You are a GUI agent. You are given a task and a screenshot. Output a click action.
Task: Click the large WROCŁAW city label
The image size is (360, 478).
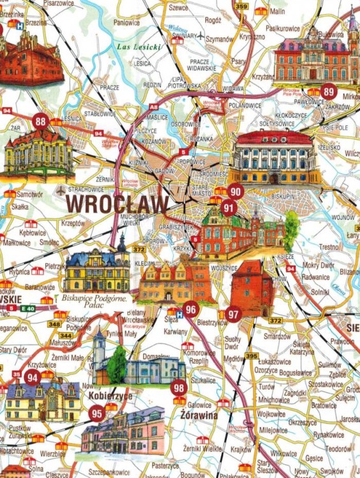[117, 205]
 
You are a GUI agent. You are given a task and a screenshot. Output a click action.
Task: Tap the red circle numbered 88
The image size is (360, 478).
[41, 121]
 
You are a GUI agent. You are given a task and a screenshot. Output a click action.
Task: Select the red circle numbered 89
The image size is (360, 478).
[329, 91]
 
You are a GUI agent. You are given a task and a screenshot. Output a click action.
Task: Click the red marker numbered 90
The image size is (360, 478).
[235, 191]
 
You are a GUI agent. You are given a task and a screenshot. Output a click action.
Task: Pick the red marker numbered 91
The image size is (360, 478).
[229, 207]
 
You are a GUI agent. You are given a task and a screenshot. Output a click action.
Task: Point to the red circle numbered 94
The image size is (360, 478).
[32, 377]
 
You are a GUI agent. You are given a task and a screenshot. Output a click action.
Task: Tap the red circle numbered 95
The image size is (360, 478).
[97, 413]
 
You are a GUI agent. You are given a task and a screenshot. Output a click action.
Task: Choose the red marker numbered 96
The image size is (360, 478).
[190, 310]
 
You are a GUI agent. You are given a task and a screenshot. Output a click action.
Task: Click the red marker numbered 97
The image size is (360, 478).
[233, 314]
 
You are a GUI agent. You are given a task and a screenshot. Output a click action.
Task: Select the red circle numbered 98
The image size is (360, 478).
[179, 387]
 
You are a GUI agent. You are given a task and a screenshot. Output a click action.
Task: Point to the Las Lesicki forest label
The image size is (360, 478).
[139, 47]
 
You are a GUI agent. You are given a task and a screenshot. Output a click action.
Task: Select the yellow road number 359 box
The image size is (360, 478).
[241, 6]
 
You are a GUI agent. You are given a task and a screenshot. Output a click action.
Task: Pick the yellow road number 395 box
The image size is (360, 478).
[252, 356]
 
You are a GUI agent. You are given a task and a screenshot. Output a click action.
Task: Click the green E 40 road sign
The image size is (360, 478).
[27, 308]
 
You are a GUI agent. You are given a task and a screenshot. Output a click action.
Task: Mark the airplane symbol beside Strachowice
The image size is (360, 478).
[61, 190]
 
